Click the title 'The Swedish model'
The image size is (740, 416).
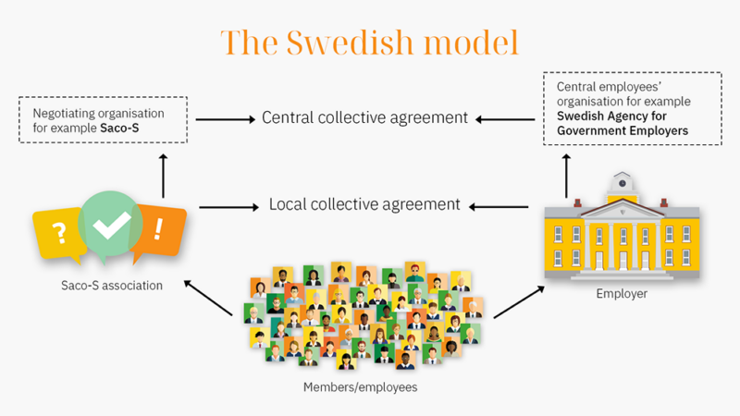[x=369, y=43]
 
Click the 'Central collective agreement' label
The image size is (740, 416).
[x=365, y=118]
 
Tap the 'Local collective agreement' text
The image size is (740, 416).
[x=364, y=204]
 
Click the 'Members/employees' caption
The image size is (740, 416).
[x=361, y=386]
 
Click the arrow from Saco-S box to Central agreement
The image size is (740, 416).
[x=225, y=118]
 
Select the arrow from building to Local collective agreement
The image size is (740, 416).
[x=501, y=205]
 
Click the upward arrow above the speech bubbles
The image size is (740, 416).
[x=164, y=175]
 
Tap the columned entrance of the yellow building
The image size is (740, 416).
[x=622, y=242]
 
